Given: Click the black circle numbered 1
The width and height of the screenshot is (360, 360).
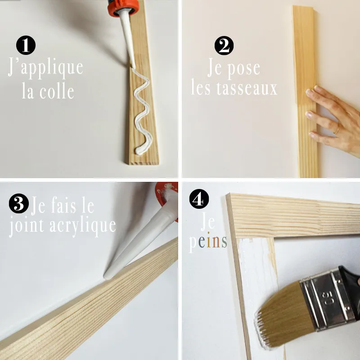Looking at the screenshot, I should coord(26,45).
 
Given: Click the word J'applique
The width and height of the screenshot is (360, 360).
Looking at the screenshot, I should coord(45,67).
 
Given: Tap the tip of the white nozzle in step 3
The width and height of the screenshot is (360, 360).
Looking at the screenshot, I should coord(107,274).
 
